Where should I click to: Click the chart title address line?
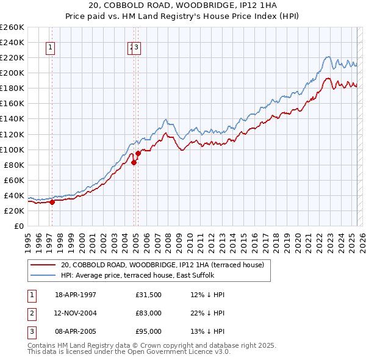pos(182,5)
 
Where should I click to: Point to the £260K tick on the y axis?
pos(12,27)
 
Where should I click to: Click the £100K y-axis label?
pos(12,149)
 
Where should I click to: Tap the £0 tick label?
pos(19,226)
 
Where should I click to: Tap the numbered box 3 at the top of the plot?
pos(137,49)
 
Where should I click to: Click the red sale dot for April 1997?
pos(52,202)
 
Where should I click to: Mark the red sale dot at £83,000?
pos(134,162)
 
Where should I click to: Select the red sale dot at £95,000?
pos(138,153)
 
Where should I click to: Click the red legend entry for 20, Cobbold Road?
pos(162,265)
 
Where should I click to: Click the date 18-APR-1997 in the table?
pos(76,295)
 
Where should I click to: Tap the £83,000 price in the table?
pos(149,313)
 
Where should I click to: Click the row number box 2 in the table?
pos(31,313)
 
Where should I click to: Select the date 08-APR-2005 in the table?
pos(76,331)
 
